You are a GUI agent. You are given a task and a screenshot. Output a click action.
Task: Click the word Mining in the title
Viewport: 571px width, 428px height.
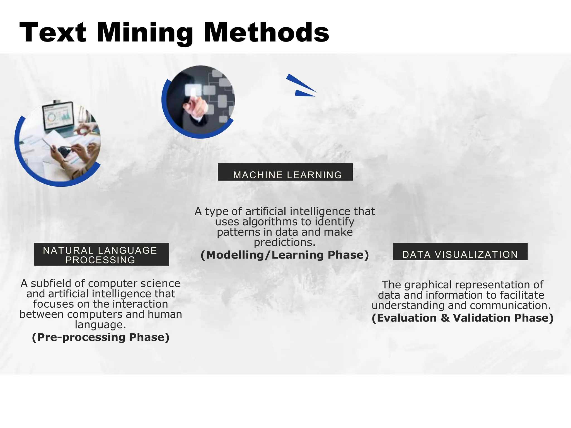pyautogui.click(x=145, y=33)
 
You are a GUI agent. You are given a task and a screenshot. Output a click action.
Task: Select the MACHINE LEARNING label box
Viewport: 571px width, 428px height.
pyautogui.click(x=285, y=172)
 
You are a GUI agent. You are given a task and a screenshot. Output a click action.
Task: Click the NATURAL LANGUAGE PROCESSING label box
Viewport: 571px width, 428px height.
pyautogui.click(x=101, y=254)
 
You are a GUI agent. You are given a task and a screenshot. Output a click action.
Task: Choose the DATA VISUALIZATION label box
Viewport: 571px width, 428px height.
pyautogui.click(x=460, y=252)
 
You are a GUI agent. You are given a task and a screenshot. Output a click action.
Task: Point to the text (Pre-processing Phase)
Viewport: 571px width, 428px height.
pyautogui.click(x=101, y=337)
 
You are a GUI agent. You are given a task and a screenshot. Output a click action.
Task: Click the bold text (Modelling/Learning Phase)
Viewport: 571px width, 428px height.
pyautogui.click(x=285, y=255)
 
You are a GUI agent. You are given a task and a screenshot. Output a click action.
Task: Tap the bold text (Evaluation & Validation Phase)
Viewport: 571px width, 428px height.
pyautogui.click(x=463, y=318)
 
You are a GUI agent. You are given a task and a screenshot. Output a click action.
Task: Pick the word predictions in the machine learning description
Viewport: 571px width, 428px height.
pyautogui.click(x=284, y=242)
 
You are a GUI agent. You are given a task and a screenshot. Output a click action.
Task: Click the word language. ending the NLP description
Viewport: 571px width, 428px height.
pyautogui.click(x=100, y=325)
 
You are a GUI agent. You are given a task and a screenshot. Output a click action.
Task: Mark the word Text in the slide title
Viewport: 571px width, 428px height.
pyautogui.click(x=53, y=33)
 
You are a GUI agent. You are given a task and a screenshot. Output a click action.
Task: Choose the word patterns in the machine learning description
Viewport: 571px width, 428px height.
pyautogui.click(x=238, y=232)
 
